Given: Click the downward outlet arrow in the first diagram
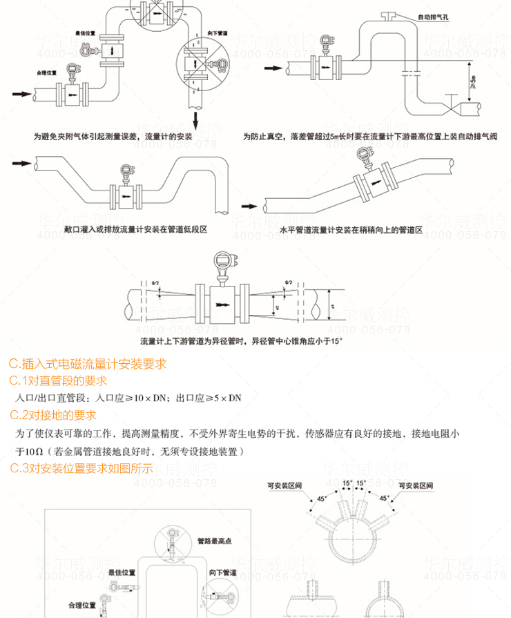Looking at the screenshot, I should click(196, 121).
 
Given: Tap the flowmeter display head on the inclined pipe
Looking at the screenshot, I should click(364, 160).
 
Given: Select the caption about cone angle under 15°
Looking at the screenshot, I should click(241, 341).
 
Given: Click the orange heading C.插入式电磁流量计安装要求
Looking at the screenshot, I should click(88, 364).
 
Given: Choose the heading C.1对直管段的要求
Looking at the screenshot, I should click(58, 381).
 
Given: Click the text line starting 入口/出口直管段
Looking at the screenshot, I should click(128, 398).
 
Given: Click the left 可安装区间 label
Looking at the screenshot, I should click(285, 485).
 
